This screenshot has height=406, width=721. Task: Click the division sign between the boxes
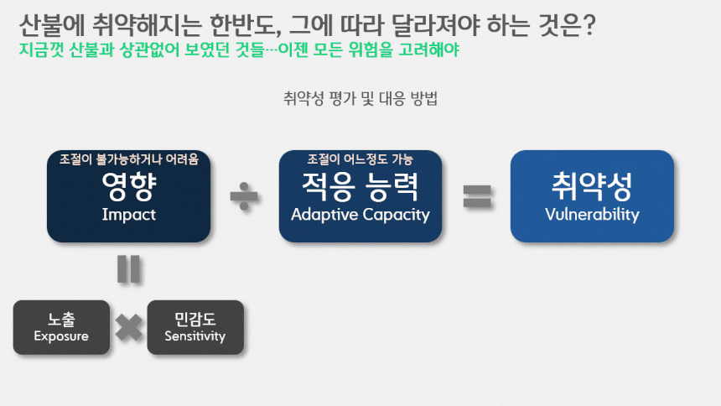click(244, 196)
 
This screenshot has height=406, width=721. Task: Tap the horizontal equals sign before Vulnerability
click(477, 196)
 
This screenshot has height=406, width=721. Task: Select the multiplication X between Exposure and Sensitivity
click(129, 327)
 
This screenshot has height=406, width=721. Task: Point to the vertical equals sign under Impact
click(129, 268)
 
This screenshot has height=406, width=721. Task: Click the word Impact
click(129, 215)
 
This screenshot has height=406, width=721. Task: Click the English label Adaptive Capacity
click(360, 215)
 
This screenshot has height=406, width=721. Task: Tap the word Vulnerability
click(592, 215)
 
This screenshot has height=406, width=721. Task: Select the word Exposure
click(61, 336)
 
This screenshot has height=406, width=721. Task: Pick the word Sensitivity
click(195, 336)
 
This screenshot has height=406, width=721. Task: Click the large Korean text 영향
click(129, 186)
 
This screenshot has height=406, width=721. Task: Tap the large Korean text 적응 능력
click(360, 186)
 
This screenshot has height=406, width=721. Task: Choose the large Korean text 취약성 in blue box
click(592, 186)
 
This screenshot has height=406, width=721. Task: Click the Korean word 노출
click(61, 319)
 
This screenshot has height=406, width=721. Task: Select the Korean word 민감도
click(195, 319)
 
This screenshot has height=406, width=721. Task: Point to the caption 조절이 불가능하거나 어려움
click(129, 159)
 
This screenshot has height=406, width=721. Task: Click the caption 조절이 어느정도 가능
click(360, 159)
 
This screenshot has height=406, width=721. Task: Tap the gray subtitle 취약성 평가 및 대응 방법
click(360, 98)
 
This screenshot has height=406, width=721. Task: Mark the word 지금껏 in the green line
click(41, 49)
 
